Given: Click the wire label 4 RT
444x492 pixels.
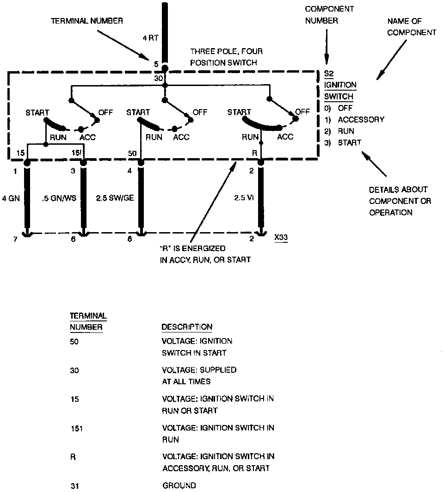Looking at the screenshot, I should click(x=150, y=39).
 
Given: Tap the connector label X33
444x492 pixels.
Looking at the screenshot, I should click(x=280, y=238).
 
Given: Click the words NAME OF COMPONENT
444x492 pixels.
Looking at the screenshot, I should click(x=412, y=27).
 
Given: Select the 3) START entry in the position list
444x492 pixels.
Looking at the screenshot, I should click(x=343, y=142).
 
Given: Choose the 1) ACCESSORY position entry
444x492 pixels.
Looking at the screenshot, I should click(x=354, y=119).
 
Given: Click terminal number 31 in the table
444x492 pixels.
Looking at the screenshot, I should click(x=74, y=486).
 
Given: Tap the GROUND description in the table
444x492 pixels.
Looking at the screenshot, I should click(x=179, y=486).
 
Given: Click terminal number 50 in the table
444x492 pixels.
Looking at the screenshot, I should click(x=74, y=341).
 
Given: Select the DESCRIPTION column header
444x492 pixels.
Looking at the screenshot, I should click(x=187, y=327).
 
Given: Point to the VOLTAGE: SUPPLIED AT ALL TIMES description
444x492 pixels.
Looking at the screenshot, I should click(x=199, y=375).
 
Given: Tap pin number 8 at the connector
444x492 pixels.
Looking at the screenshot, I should click(x=130, y=239).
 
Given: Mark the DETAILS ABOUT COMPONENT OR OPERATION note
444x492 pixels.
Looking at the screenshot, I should click(x=399, y=201).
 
